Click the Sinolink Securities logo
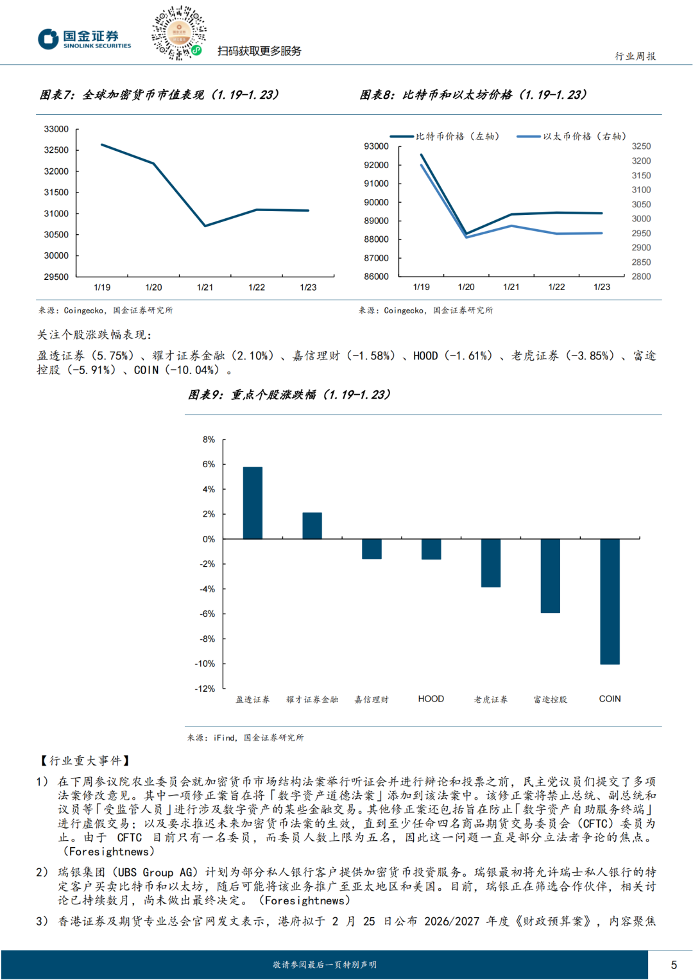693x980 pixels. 84,39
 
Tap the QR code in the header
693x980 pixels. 178,33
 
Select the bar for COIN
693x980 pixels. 610,601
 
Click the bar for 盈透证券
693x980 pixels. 253,503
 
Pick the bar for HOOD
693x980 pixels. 431,549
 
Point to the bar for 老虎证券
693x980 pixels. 491,563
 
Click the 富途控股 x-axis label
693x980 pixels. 551,700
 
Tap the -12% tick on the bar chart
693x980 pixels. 205,689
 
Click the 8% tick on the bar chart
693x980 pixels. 209,440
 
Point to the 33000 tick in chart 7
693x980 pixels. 56,129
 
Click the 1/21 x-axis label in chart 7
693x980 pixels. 205,288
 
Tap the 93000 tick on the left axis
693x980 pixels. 377,146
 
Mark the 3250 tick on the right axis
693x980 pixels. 641,146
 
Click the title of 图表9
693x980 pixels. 289,395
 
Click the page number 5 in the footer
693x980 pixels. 674,965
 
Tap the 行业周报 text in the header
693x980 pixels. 635,56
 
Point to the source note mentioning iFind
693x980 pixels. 245,738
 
